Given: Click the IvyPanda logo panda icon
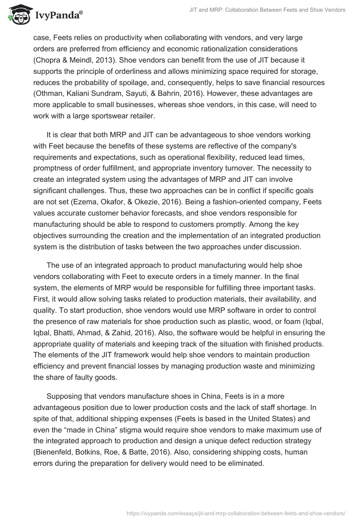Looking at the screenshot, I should click(17, 15).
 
